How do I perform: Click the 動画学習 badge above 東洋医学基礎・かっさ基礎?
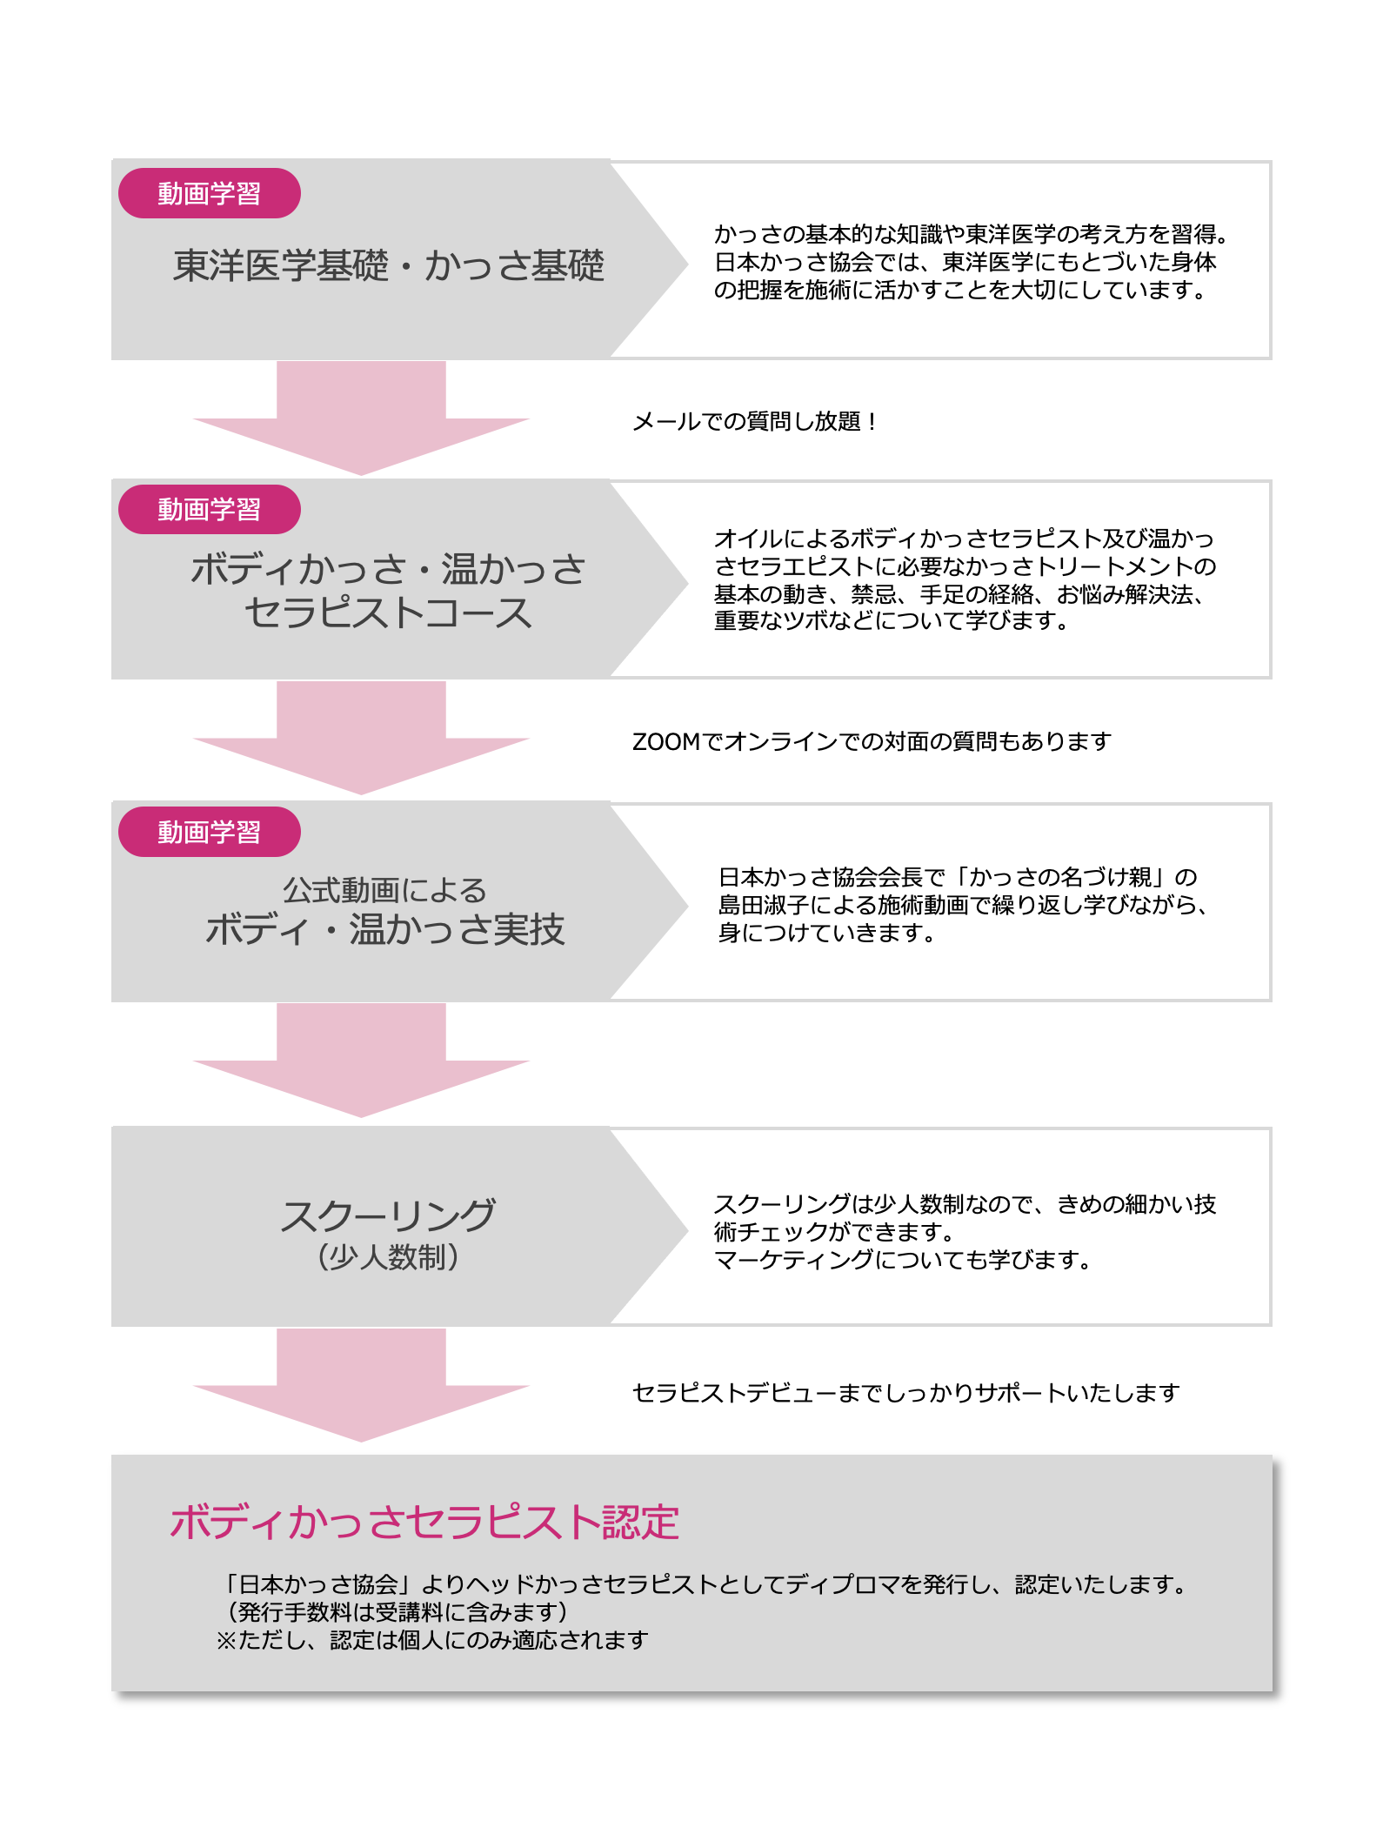210,193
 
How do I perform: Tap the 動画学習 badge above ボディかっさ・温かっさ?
210,509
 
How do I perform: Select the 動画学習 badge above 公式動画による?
210,832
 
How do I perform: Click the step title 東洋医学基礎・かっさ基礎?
388,265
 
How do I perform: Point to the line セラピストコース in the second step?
388,613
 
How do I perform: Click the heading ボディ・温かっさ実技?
385,929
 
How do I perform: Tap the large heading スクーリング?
388,1215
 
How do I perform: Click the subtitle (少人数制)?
388,1257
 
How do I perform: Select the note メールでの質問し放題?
754,422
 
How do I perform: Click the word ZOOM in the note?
666,742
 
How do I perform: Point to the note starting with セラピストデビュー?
905,1393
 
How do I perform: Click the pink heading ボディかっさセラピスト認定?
424,1523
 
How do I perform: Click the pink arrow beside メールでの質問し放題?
361,418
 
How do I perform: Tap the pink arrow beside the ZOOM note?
361,738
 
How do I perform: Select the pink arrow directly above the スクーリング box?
361,1060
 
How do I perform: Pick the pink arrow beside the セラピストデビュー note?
361,1385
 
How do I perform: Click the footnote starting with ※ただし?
432,1640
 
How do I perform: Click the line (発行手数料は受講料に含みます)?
397,1612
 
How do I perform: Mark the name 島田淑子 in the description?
763,905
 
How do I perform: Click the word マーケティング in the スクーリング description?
793,1260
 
